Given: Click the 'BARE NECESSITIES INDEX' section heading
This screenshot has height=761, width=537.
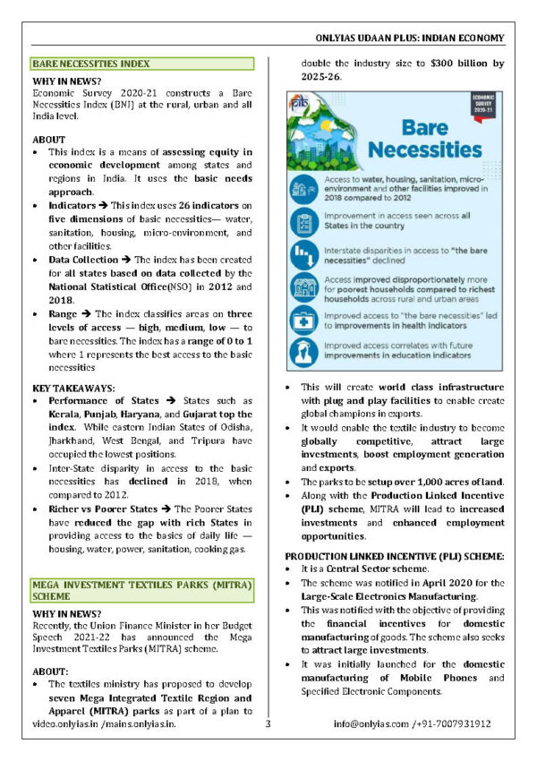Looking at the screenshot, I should tap(90, 64).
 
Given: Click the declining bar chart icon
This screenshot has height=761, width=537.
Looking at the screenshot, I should tap(302, 252).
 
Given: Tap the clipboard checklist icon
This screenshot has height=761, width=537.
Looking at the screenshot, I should tap(302, 219).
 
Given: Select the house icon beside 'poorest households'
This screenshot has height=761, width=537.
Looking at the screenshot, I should tap(302, 285).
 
